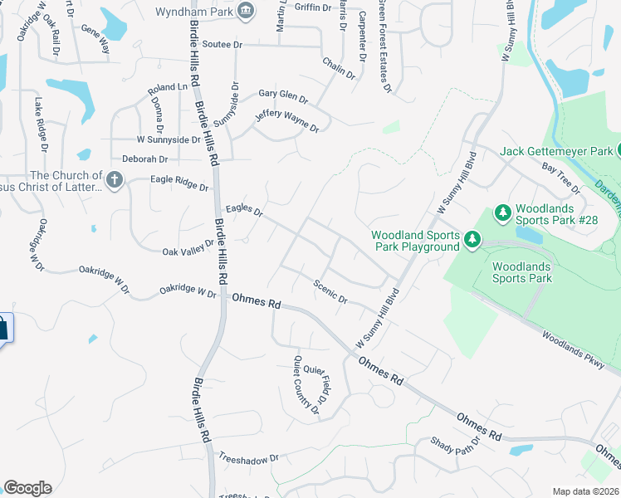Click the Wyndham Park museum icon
tap(247, 11)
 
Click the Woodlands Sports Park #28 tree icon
tap(502, 213)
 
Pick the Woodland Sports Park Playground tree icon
tap(472, 241)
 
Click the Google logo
tap(27, 488)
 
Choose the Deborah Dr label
tap(145, 159)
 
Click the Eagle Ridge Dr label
tap(179, 183)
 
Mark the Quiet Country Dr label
tap(307, 384)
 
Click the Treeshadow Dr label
tap(249, 457)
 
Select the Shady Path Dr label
tap(455, 446)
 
